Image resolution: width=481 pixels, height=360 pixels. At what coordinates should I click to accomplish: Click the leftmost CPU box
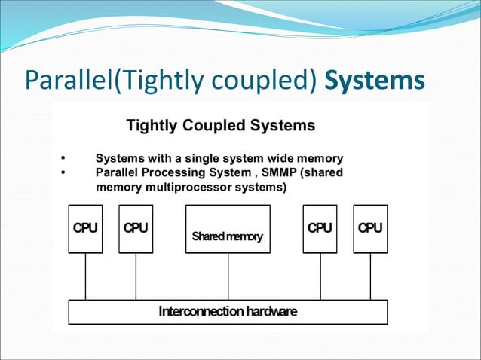[85, 229]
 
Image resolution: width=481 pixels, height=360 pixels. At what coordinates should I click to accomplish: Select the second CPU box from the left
[136, 229]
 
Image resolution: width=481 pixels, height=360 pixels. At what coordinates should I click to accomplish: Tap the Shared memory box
[228, 229]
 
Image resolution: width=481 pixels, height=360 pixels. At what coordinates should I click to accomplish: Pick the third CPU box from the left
[320, 229]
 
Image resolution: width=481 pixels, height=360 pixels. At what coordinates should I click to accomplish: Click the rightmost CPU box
[370, 229]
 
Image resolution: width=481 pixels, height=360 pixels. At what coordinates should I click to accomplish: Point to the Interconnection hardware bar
[228, 312]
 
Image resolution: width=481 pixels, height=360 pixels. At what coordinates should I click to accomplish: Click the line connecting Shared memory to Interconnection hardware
[228, 276]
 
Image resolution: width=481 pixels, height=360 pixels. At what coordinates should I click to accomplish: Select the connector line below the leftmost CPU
[85, 276]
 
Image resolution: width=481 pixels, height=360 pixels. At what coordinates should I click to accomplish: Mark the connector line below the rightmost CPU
[370, 276]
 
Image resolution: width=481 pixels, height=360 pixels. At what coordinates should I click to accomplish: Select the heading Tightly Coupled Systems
[220, 125]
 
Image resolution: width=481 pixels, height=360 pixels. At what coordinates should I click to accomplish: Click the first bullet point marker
[63, 159]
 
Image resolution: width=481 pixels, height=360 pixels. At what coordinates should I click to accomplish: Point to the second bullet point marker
[63, 172]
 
